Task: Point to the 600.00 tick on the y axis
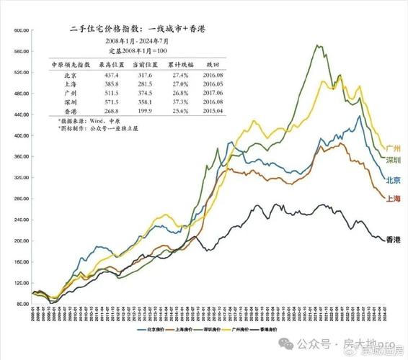[x=19, y=31]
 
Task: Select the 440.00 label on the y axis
[x=19, y=114]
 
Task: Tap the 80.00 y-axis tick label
[x=21, y=303]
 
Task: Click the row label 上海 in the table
[x=70, y=84]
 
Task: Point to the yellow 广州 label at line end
[x=394, y=147]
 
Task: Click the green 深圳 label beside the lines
[x=394, y=159]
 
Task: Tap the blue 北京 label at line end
[x=394, y=180]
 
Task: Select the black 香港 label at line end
[x=394, y=239]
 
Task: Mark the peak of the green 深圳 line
[x=318, y=45]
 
